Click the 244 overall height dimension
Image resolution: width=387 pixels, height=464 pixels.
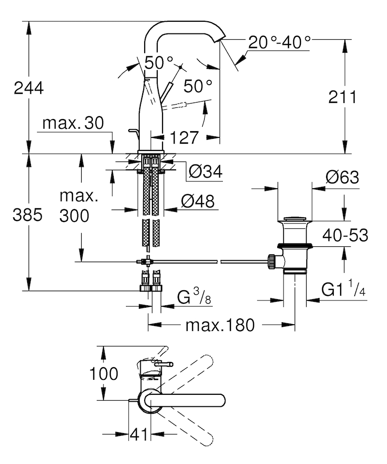[x=29, y=88]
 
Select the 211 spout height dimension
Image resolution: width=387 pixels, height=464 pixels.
[x=342, y=97]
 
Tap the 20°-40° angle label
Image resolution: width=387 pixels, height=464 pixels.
[x=279, y=42]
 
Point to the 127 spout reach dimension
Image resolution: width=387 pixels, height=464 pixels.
[x=184, y=137]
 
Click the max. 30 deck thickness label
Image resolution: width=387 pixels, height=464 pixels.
[x=73, y=122]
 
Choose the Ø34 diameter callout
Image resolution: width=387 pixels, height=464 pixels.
[x=205, y=172]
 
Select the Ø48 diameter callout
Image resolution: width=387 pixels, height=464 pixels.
[x=198, y=202]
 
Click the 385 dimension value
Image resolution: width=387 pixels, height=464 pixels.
[x=28, y=215]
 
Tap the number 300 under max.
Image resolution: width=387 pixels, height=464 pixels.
[x=74, y=215]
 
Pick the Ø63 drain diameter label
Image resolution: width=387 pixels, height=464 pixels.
[x=342, y=177]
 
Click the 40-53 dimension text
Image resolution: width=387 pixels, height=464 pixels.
[x=345, y=235]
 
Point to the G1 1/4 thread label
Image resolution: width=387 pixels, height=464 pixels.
[x=343, y=290]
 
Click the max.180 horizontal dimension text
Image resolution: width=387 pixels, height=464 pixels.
[x=220, y=325]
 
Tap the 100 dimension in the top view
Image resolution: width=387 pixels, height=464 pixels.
[x=104, y=374]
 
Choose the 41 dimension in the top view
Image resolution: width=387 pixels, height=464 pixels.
[x=139, y=434]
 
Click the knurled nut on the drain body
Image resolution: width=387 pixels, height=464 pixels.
[x=271, y=262]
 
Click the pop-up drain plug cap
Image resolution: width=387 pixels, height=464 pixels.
[x=295, y=219]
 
